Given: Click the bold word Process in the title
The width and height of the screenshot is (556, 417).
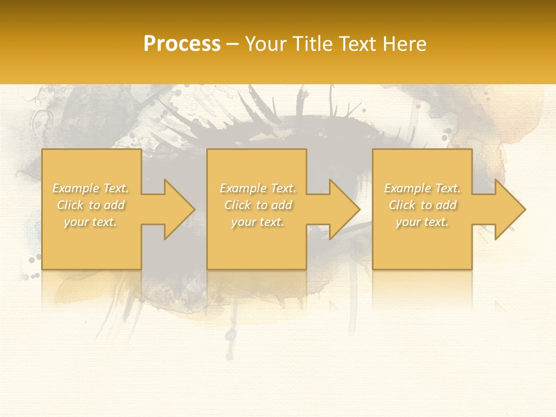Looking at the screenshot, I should pyautogui.click(x=182, y=44).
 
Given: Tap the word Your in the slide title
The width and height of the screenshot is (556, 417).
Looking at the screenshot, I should pyautogui.click(x=267, y=44).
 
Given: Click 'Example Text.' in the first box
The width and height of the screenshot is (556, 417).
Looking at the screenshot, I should pyautogui.click(x=90, y=188).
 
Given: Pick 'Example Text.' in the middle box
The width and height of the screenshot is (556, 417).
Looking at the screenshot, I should pyautogui.click(x=258, y=188).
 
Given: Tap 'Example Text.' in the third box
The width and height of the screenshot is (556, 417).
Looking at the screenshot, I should pyautogui.click(x=422, y=188).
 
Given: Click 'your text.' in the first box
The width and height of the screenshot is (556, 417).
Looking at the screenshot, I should pyautogui.click(x=90, y=222).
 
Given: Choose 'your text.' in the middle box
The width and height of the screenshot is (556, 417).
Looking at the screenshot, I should pyautogui.click(x=258, y=222).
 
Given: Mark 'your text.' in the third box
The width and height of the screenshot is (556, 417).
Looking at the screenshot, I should pyautogui.click(x=422, y=222).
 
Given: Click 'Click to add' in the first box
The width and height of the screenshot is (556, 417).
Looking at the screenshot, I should pyautogui.click(x=90, y=205).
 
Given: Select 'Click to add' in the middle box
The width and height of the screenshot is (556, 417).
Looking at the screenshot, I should pyautogui.click(x=258, y=205).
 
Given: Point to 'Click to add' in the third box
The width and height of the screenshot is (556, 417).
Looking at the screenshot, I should pyautogui.click(x=422, y=205).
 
